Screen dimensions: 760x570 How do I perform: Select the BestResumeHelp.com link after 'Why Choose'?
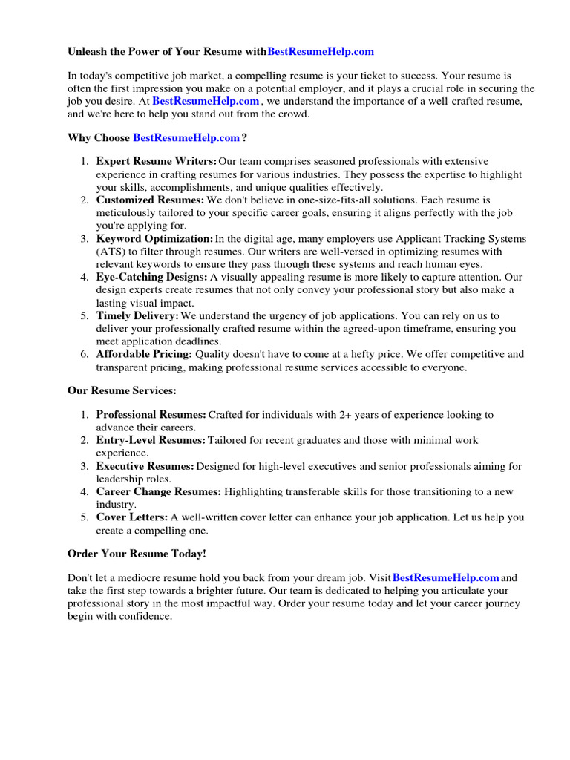tap(186, 137)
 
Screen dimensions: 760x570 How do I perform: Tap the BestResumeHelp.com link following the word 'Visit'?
tap(445, 577)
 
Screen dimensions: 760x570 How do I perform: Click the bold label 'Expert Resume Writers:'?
tap(157, 161)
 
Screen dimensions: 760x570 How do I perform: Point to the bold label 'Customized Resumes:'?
tap(150, 200)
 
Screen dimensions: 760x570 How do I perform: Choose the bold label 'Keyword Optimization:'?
tap(154, 239)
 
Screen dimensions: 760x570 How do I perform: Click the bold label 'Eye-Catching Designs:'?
tap(151, 277)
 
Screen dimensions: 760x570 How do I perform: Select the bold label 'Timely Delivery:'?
tap(137, 315)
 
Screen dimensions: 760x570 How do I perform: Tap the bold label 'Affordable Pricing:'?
tap(144, 354)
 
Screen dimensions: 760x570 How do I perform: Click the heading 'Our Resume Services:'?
tap(122, 390)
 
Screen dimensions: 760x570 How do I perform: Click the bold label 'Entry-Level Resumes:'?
tap(151, 440)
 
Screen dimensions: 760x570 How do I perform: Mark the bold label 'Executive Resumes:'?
tap(145, 466)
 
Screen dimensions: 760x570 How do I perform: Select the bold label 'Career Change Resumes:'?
tap(158, 491)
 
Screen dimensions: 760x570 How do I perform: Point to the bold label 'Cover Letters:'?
tap(131, 517)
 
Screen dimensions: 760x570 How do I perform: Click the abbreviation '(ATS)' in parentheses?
tap(111, 252)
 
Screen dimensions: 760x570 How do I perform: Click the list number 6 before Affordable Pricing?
tap(85, 354)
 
